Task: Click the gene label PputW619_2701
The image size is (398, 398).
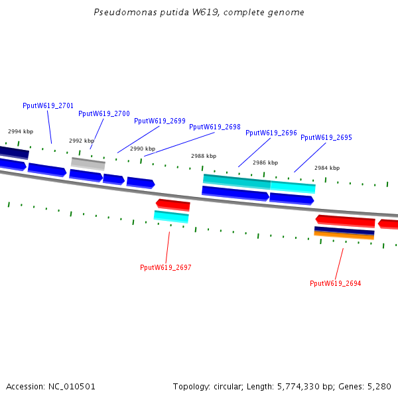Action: [48, 105]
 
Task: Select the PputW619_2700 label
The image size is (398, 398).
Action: [104, 113]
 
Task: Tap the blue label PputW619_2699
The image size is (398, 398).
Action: [160, 121]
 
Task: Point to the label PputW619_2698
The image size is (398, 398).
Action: [215, 127]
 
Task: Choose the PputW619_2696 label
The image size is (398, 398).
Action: [271, 133]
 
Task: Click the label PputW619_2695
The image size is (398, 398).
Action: [326, 137]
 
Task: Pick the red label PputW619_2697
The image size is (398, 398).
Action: [165, 267]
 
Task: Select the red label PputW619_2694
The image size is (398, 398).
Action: [335, 283]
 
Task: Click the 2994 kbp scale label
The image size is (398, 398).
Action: [21, 131]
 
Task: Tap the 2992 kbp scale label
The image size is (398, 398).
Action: [82, 141]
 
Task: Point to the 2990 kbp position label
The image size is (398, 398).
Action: [143, 149]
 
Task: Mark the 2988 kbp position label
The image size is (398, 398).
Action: [204, 156]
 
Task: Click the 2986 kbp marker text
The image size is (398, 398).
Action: [265, 163]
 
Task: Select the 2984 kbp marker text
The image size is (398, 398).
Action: [327, 168]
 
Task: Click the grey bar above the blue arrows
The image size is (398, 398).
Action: [88, 164]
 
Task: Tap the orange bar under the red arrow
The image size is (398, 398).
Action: [344, 235]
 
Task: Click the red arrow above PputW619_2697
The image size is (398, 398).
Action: [173, 205]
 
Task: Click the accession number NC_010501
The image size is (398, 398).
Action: [72, 387]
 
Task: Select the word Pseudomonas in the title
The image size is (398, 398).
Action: [125, 12]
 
